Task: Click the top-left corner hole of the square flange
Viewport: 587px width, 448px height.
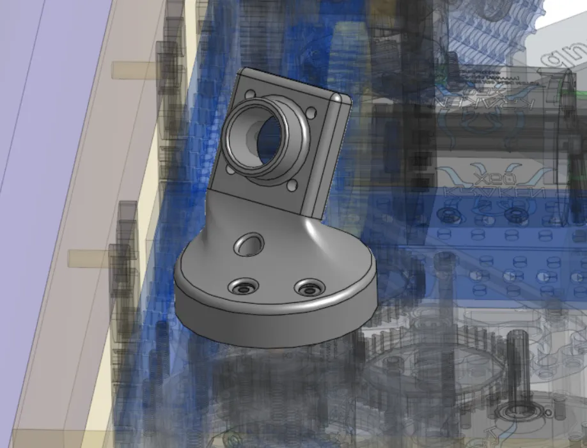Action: [249, 94]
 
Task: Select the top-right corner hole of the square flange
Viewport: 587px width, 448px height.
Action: [312, 113]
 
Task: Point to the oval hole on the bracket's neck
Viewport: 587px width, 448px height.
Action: [248, 243]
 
